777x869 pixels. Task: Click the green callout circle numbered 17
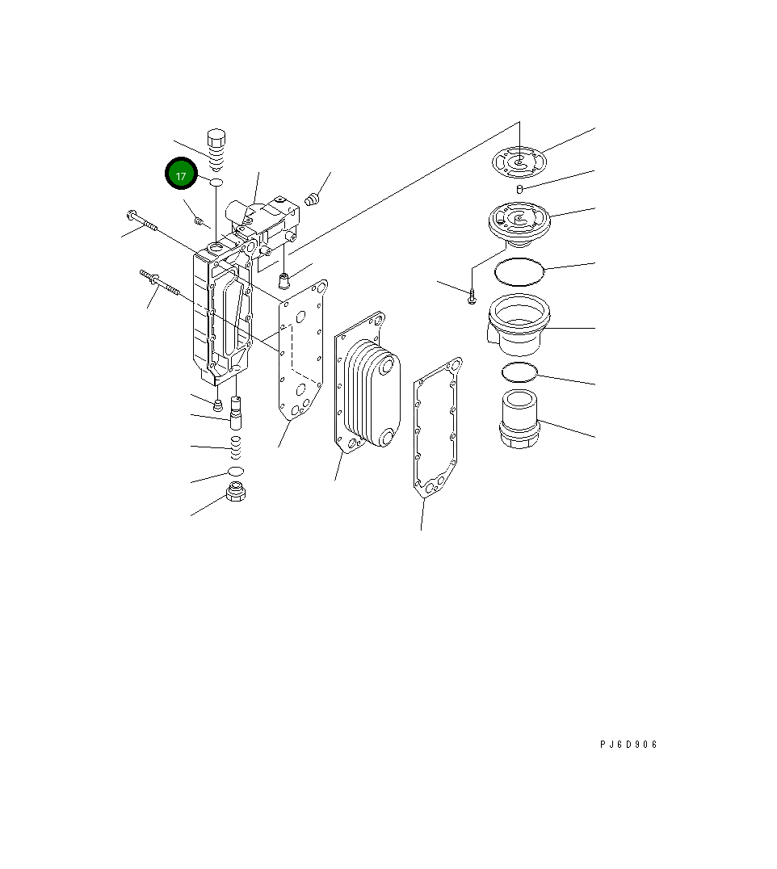[181, 174]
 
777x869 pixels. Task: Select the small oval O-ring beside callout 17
[216, 183]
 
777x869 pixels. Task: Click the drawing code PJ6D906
[628, 745]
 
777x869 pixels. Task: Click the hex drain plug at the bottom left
[236, 492]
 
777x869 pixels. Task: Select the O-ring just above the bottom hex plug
[236, 471]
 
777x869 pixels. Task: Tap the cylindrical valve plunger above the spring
[237, 413]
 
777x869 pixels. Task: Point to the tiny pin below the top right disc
[521, 189]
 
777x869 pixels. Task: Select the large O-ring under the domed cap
[520, 272]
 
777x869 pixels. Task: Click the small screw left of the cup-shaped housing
[472, 300]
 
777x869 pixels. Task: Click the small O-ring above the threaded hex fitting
[519, 372]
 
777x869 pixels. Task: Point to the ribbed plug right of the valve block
[315, 197]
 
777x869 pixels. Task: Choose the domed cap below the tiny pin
[519, 221]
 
